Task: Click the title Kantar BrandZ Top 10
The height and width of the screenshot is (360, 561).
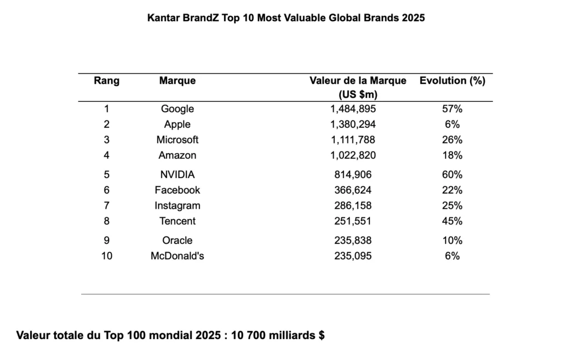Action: (x=286, y=18)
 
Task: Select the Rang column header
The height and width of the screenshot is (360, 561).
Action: (x=107, y=81)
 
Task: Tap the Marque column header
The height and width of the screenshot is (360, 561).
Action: (x=178, y=81)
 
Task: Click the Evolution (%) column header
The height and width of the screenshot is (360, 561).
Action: (x=452, y=81)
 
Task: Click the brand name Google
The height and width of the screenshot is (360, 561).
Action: (x=178, y=109)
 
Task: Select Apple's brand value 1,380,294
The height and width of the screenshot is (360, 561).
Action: (x=353, y=124)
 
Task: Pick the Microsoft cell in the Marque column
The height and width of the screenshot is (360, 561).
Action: (x=178, y=140)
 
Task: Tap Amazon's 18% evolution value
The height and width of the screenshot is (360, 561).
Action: (x=452, y=155)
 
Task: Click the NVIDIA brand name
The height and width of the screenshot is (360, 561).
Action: (x=178, y=175)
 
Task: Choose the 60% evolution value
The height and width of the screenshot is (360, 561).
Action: (x=452, y=175)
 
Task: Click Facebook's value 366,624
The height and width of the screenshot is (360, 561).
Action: (x=353, y=190)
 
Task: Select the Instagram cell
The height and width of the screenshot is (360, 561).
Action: (x=178, y=206)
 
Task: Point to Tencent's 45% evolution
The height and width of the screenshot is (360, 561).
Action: (x=452, y=221)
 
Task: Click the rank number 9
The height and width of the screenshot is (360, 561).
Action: (x=107, y=241)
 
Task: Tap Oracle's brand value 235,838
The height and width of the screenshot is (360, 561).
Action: (x=353, y=241)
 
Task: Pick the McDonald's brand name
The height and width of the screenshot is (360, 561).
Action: (x=178, y=256)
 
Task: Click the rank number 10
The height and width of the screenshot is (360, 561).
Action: (x=107, y=256)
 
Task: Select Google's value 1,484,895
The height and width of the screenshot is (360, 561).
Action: (x=353, y=109)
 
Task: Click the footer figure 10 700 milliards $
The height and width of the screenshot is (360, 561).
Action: (x=278, y=335)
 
